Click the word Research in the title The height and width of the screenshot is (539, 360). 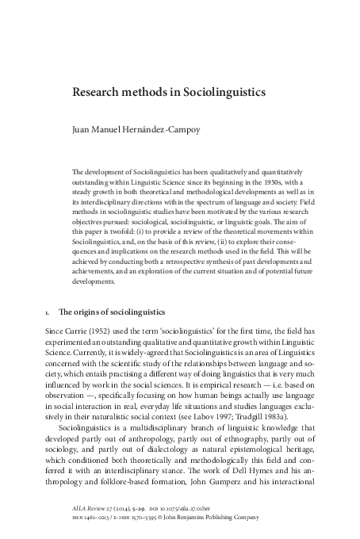coord(98,93)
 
